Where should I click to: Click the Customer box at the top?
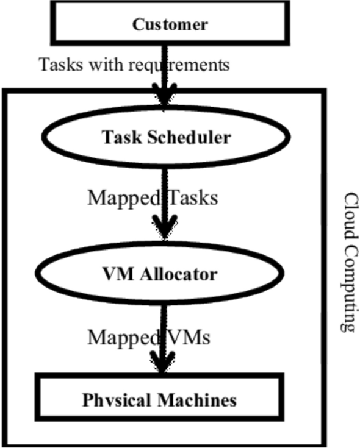click(170, 24)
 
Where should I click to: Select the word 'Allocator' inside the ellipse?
click(182, 274)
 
